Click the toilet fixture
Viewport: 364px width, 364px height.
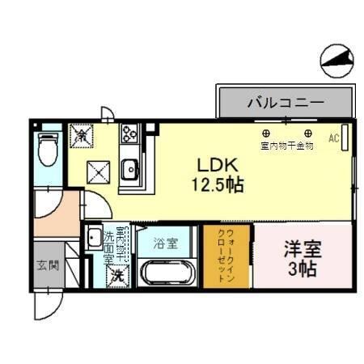[49, 150]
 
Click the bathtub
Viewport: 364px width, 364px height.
[167, 273]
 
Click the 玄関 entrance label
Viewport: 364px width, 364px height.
[47, 265]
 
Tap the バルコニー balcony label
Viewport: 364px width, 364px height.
[285, 104]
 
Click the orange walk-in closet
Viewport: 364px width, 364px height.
[226, 255]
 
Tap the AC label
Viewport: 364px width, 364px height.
[333, 138]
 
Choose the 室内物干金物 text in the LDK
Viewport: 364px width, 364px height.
[287, 146]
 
